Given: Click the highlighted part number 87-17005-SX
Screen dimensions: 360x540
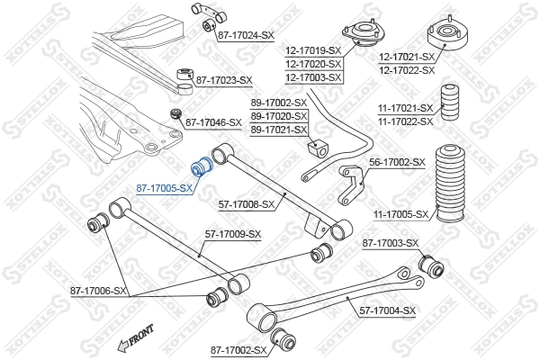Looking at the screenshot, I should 165,188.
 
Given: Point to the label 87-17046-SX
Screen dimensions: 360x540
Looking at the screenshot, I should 213,121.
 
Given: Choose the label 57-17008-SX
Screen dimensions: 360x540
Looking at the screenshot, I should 246,205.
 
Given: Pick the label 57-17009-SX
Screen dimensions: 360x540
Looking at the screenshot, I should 232,234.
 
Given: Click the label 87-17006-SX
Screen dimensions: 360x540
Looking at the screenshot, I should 98,291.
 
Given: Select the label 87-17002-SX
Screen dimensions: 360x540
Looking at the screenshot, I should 238,350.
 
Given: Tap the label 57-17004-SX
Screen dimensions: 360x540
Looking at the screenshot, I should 388,310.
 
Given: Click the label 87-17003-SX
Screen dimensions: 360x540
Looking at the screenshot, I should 391,243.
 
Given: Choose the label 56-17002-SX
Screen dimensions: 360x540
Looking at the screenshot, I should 397,161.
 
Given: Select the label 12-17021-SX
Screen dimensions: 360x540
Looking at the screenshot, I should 406,58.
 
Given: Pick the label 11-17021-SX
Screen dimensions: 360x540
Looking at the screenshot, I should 406,109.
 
